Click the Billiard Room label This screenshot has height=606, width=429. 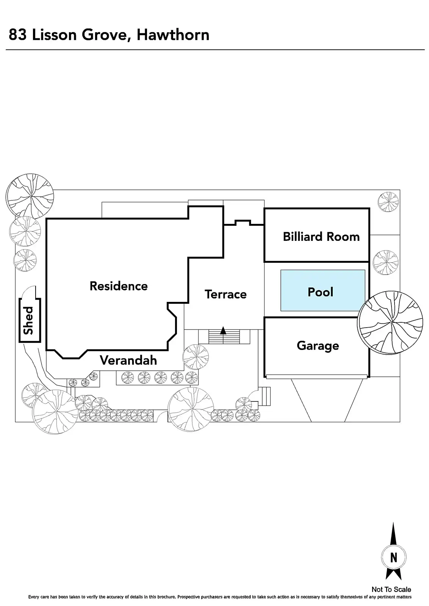[321, 237]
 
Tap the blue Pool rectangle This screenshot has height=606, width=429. [323, 291]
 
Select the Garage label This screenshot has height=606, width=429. [318, 345]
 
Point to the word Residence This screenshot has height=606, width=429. [119, 286]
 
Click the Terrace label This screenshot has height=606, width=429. [225, 294]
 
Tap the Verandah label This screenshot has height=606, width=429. [128, 360]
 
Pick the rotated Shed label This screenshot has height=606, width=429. [29, 320]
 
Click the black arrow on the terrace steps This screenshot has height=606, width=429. [223, 331]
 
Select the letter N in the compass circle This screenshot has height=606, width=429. [393, 558]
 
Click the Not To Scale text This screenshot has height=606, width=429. [391, 589]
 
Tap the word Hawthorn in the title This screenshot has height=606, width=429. [173, 35]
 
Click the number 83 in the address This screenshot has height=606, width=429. [18, 35]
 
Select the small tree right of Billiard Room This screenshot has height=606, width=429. [388, 202]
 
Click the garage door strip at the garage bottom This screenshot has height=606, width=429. [317, 376]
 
